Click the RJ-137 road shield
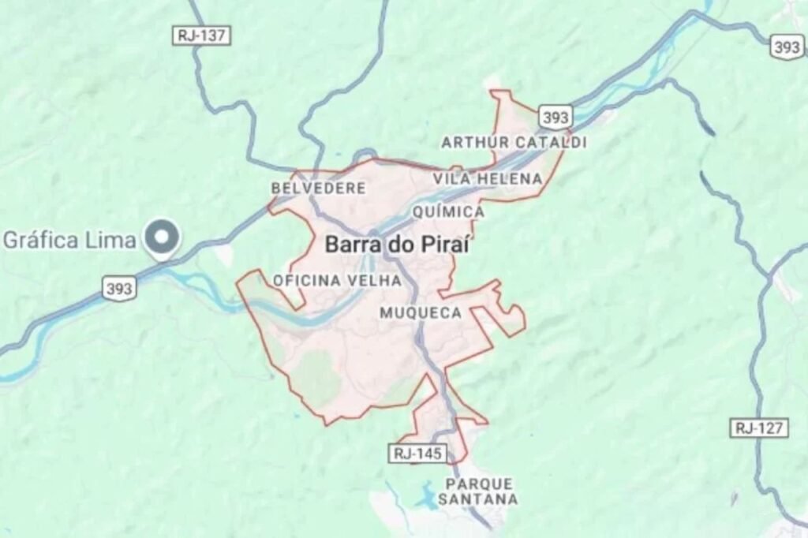[201, 35]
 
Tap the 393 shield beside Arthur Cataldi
[555, 118]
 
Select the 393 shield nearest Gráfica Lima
[118, 289]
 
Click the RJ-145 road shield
[418, 453]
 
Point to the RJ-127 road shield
[758, 428]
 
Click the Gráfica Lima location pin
[163, 237]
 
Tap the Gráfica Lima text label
[69, 240]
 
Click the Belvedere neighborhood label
[318, 189]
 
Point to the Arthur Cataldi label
[514, 143]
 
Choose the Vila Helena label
[488, 179]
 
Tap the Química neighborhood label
[448, 212]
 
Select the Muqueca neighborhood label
[421, 313]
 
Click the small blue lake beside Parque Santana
[427, 497]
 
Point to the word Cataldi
[551, 143]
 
